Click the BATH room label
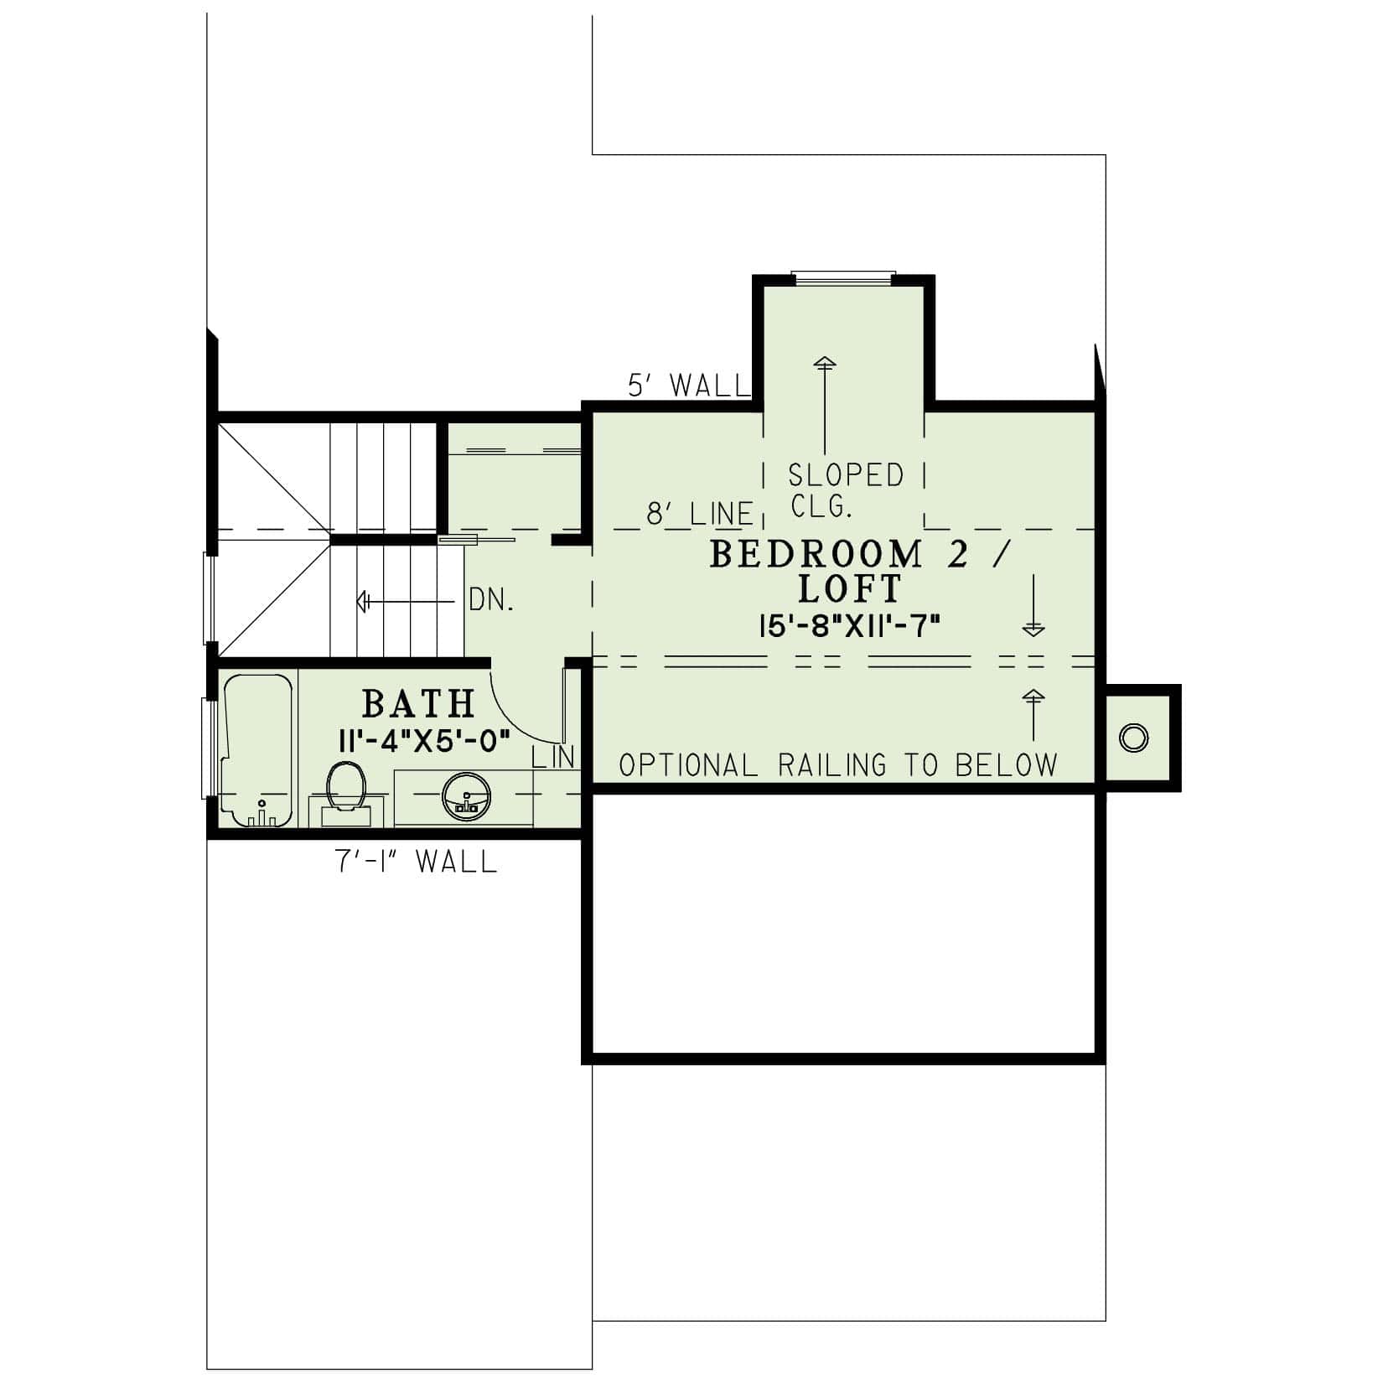tap(418, 704)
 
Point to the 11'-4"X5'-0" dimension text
tap(424, 742)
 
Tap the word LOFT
tap(849, 589)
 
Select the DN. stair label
tap(490, 601)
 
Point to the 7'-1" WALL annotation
tap(417, 861)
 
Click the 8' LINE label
tap(699, 514)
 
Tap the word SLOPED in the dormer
tap(846, 475)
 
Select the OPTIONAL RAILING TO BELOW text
tap(838, 764)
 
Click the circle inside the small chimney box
tap(1133, 738)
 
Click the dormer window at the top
tap(844, 277)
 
